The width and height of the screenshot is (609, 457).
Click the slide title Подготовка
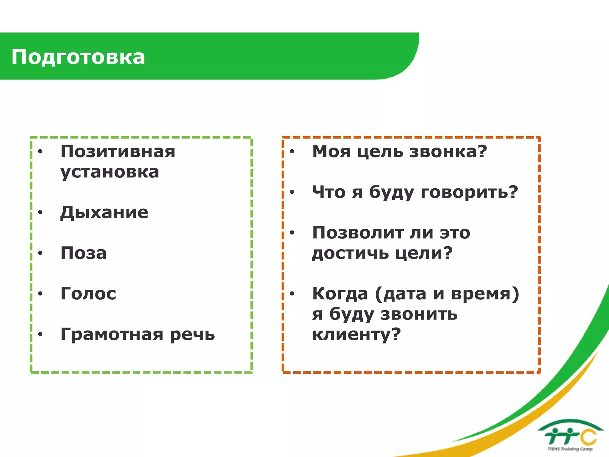[78, 57]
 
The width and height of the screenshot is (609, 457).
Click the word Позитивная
[118, 151]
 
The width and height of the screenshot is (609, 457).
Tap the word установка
[110, 172]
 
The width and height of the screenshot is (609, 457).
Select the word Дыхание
[104, 212]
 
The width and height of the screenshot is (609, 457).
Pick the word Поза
[84, 253]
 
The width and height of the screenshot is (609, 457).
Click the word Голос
[88, 294]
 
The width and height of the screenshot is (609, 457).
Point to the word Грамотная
[112, 334]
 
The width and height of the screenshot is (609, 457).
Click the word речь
[192, 334]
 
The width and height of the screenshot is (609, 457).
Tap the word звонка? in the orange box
[448, 151]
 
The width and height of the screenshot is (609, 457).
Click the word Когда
[340, 294]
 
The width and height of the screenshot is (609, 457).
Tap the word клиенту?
[357, 334]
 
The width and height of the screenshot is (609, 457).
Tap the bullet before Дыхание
[40, 212]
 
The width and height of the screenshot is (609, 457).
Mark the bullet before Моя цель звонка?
[292, 152]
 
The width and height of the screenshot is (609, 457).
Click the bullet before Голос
[40, 294]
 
